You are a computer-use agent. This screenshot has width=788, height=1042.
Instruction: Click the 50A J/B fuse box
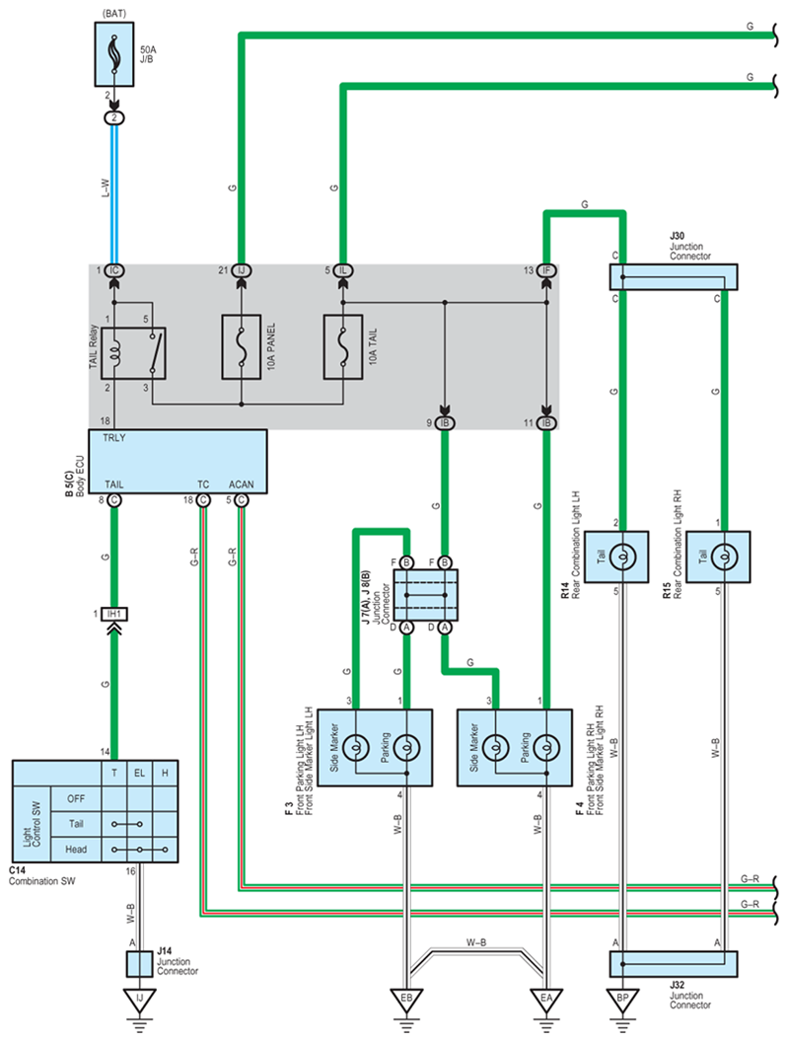click(x=114, y=54)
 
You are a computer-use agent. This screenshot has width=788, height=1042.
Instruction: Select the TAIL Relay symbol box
click(x=133, y=353)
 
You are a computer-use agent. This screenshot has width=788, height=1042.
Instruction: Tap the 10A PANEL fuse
click(x=242, y=347)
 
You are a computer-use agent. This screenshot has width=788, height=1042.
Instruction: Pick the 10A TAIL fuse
click(x=343, y=347)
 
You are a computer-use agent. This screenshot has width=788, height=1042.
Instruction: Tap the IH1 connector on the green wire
click(x=114, y=614)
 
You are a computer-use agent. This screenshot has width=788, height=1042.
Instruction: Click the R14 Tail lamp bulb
click(x=622, y=557)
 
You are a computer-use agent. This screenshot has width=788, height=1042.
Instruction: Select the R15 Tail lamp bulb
click(x=724, y=557)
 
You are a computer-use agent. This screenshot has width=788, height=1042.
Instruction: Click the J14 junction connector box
click(x=139, y=964)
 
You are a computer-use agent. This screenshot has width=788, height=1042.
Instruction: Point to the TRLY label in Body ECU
click(x=114, y=438)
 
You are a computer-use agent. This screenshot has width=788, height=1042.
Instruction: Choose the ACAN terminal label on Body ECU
click(x=242, y=484)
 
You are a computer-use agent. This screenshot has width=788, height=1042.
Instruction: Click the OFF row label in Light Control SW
click(x=76, y=799)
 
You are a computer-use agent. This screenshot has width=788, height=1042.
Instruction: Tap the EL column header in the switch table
click(x=139, y=773)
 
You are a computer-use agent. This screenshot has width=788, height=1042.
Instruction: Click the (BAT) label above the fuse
click(x=114, y=13)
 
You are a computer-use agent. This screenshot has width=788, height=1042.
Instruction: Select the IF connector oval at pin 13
click(x=546, y=270)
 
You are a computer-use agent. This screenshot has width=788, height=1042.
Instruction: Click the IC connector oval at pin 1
click(x=114, y=270)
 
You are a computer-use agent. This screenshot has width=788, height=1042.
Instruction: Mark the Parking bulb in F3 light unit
click(x=406, y=748)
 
